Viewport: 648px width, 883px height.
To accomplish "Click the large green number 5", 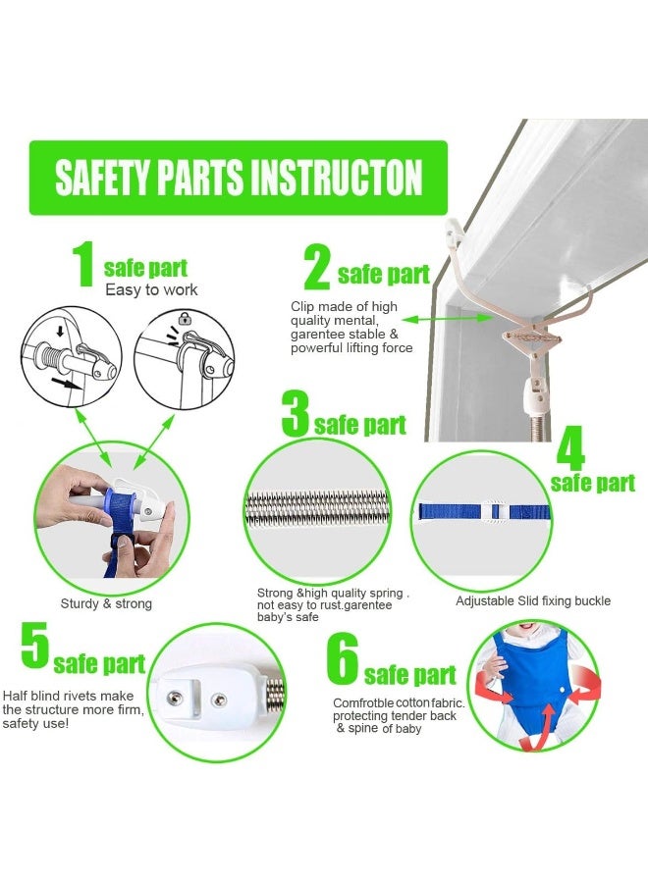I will [x=34, y=648].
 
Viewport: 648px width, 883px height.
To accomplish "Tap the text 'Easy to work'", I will [x=151, y=289].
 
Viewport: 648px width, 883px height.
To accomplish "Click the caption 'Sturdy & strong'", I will [x=106, y=603].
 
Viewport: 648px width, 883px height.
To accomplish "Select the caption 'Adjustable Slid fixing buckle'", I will [x=532, y=600].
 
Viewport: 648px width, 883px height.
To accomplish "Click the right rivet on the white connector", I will [x=222, y=698].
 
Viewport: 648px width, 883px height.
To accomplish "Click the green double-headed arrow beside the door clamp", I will [x=437, y=319].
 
